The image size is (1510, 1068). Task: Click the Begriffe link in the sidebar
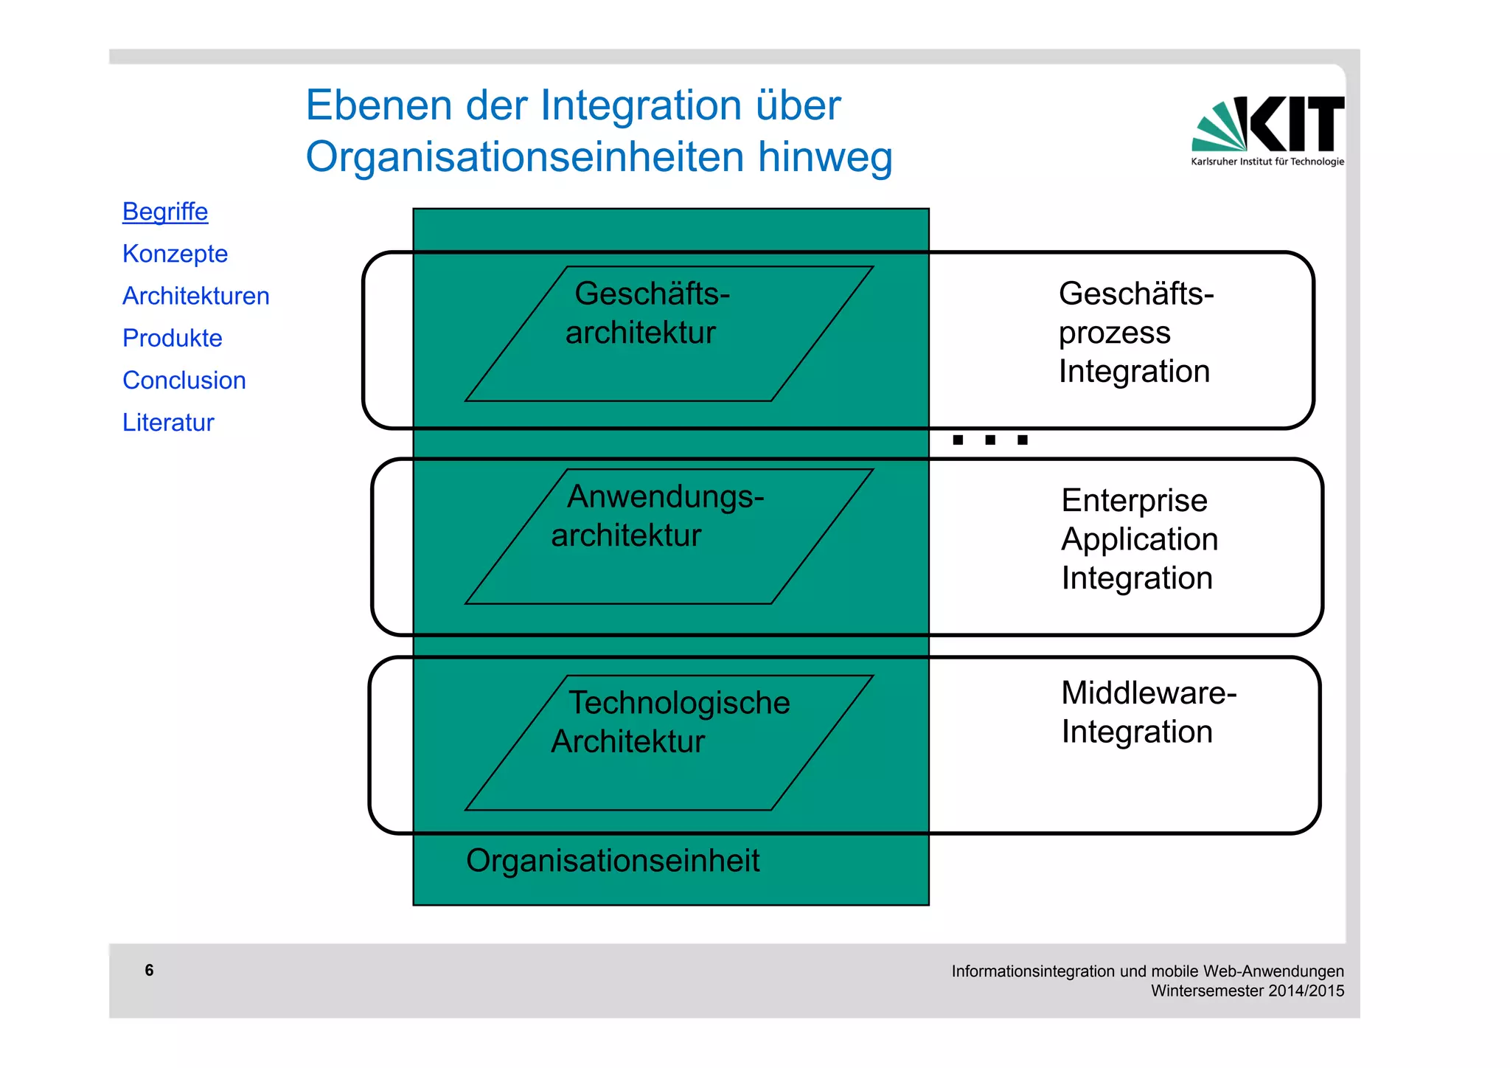[165, 212]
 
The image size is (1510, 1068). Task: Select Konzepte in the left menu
[175, 254]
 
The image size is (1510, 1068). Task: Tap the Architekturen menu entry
[195, 296]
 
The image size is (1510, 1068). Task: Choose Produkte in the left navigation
[172, 338]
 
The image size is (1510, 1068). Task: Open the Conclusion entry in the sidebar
[184, 380]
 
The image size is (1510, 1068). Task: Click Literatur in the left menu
[168, 423]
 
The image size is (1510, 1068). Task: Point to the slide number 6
[149, 970]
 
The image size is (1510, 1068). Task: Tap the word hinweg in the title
[825, 156]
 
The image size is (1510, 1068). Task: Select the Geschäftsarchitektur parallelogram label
[647, 313]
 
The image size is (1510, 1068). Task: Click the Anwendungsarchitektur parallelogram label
[656, 516]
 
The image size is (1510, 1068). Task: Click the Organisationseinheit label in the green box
[612, 861]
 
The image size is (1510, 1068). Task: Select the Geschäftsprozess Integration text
[1135, 333]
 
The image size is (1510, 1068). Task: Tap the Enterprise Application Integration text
[1138, 539]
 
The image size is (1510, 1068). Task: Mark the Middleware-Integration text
[1147, 712]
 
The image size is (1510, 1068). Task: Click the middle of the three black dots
[990, 440]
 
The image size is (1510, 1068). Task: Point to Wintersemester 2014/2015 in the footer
[1247, 991]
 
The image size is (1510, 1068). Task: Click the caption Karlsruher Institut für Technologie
[1267, 162]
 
